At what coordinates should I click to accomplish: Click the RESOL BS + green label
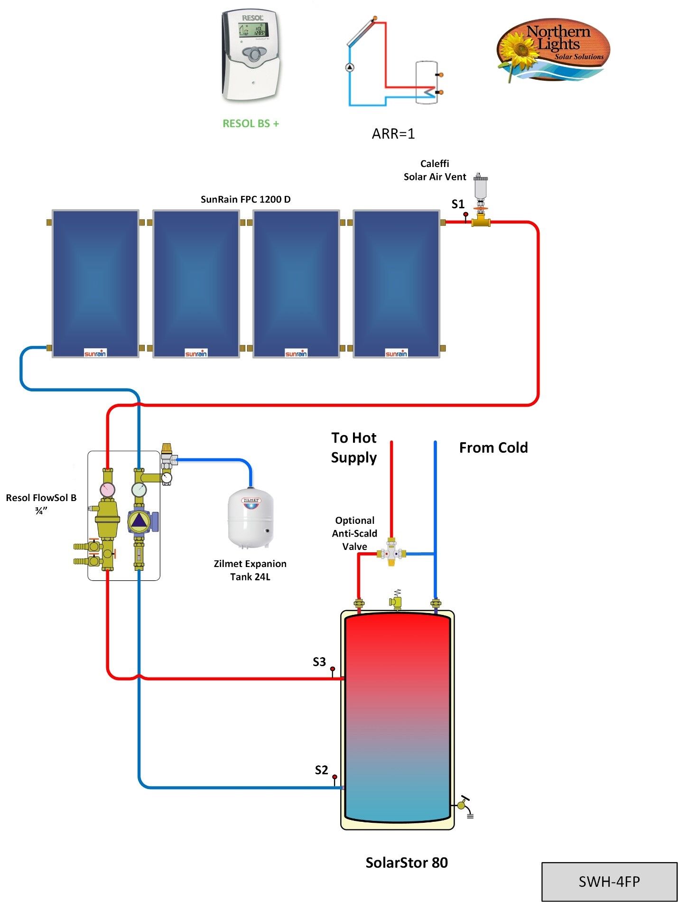(251, 123)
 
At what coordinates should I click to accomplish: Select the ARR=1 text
(393, 134)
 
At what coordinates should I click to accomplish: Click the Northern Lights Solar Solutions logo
(553, 50)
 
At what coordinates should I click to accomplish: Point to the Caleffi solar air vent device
(481, 190)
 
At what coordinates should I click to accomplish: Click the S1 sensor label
(457, 204)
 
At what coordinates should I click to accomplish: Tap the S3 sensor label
(319, 661)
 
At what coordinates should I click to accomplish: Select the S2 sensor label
(321, 770)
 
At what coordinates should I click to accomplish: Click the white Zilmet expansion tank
(251, 520)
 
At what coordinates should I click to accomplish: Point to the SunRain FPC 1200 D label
(245, 199)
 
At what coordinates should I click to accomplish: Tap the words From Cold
(493, 447)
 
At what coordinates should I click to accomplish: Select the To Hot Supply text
(353, 447)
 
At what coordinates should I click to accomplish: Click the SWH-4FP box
(609, 881)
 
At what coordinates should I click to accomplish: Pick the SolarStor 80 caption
(406, 862)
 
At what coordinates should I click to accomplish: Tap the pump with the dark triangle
(139, 521)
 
